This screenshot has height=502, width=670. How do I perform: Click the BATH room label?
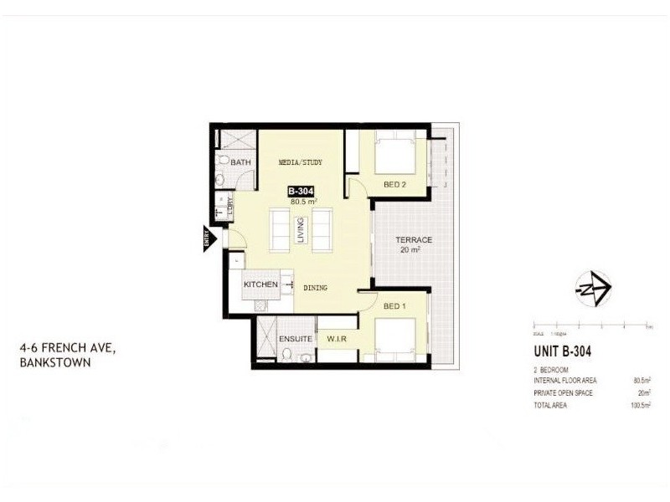pos(241,162)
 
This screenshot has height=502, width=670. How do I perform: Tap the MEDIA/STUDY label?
pos(300,162)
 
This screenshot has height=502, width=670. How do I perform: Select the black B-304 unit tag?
pos(301,191)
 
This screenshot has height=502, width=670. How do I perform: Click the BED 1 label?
pos(394,306)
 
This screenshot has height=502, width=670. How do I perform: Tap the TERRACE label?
pos(414,240)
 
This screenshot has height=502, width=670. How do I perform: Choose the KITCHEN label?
pos(260,285)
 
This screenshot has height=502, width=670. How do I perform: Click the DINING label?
pos(315,288)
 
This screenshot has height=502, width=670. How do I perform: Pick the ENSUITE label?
pos(296,339)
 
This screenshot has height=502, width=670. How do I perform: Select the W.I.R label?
pos(337,339)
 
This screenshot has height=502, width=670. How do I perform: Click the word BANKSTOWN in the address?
pos(54,363)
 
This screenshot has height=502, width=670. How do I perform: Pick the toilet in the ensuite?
pos(286,356)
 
